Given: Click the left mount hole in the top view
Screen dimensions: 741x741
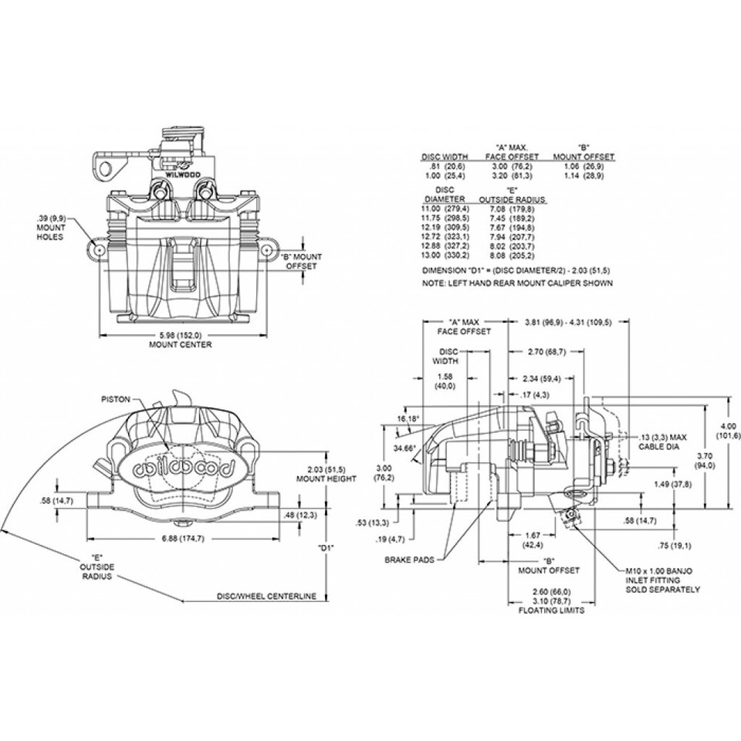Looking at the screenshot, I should tap(99, 251).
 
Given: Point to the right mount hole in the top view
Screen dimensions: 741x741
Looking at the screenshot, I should tap(266, 251).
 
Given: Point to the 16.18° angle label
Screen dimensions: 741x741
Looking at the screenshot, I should tap(408, 418).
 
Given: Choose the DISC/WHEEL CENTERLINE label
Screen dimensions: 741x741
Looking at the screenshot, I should tap(266, 597).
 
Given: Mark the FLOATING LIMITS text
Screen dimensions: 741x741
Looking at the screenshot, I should tap(551, 610).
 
